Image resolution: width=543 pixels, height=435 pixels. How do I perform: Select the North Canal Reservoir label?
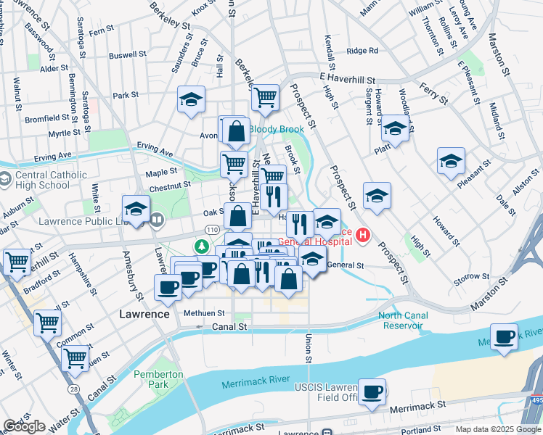coord(402,320)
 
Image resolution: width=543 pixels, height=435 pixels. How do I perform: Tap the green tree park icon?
coord(200,247)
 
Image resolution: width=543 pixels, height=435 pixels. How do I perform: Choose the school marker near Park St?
coord(191,100)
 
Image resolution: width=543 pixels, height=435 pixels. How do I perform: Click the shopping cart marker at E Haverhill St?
coord(266,96)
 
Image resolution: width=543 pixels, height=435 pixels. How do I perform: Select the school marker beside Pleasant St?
coord(451,162)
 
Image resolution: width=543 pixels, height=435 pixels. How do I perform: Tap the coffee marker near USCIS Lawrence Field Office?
coord(372,392)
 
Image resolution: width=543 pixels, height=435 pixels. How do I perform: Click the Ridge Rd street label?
coord(362,51)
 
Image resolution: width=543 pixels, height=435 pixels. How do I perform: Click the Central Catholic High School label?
coord(49,180)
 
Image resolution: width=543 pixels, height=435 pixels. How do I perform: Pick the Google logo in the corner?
coord(24,426)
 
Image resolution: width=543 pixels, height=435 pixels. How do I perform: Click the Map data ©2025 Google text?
coord(497,429)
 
